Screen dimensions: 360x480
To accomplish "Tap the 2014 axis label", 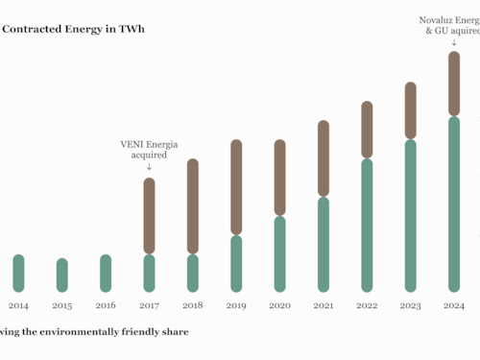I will point(18,305).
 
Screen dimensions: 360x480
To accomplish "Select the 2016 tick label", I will point(106,305).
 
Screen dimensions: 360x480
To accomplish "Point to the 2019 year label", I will point(235,305).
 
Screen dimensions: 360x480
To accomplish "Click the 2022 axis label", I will point(367,305).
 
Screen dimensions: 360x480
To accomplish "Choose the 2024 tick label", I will point(454,305).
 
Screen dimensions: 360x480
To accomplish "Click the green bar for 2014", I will point(18,273).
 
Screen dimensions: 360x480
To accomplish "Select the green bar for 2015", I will point(62,275).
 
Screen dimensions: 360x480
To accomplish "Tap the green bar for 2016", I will point(106,273).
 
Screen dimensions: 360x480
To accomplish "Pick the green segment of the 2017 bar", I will point(149,273).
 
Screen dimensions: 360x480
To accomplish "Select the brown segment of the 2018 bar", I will point(192,206).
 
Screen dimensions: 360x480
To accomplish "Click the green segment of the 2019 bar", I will point(235,263).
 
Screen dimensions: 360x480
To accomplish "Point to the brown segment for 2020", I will point(279,178).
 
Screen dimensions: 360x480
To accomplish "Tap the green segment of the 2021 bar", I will point(324,244).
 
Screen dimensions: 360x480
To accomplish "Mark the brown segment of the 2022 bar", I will point(367,130).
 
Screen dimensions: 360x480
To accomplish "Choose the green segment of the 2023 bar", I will point(410,215).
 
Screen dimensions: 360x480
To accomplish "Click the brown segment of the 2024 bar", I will point(454,84).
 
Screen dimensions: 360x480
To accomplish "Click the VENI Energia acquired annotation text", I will point(149,149).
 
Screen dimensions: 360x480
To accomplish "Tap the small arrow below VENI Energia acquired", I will point(149,167).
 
